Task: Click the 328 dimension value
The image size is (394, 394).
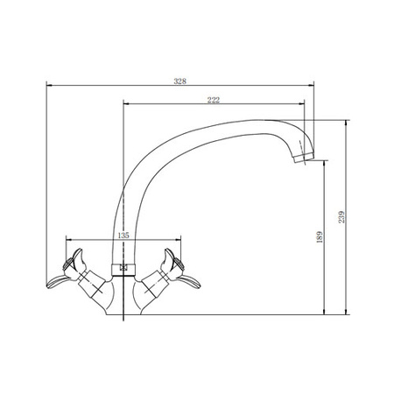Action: coord(179,81)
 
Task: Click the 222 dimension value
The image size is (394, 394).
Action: coord(214,100)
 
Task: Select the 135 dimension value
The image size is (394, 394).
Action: coord(123,236)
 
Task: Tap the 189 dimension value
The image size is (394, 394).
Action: coord(320,237)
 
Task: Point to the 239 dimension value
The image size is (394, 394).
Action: coord(341,217)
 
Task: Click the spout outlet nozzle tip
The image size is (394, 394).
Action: coord(304,158)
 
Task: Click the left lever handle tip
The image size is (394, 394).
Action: coord(48,285)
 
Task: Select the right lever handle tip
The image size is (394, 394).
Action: coord(199,285)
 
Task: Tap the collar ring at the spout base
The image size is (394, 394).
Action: coord(123,270)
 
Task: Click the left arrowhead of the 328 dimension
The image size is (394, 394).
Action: coord(49,85)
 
